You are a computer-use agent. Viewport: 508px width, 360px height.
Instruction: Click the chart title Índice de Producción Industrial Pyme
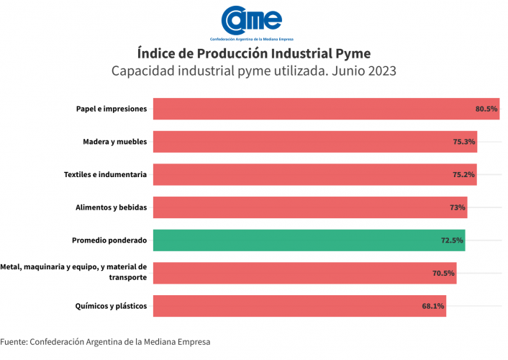(x=253, y=54)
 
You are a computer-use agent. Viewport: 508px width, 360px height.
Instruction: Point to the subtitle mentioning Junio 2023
(x=253, y=71)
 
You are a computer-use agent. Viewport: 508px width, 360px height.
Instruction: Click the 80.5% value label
(x=486, y=109)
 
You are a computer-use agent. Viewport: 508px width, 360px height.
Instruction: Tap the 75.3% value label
(x=464, y=142)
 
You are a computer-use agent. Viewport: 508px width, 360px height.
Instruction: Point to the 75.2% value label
(x=464, y=175)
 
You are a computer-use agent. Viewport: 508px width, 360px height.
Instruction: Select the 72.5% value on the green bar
(x=452, y=240)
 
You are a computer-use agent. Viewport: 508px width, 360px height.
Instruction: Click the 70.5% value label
(x=443, y=274)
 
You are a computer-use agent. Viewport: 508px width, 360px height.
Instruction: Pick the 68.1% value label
(x=433, y=307)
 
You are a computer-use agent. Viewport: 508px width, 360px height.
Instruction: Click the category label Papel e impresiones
(x=112, y=109)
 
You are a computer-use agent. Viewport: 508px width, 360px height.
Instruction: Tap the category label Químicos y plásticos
(x=111, y=307)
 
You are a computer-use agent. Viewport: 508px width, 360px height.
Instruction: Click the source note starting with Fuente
(x=105, y=341)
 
